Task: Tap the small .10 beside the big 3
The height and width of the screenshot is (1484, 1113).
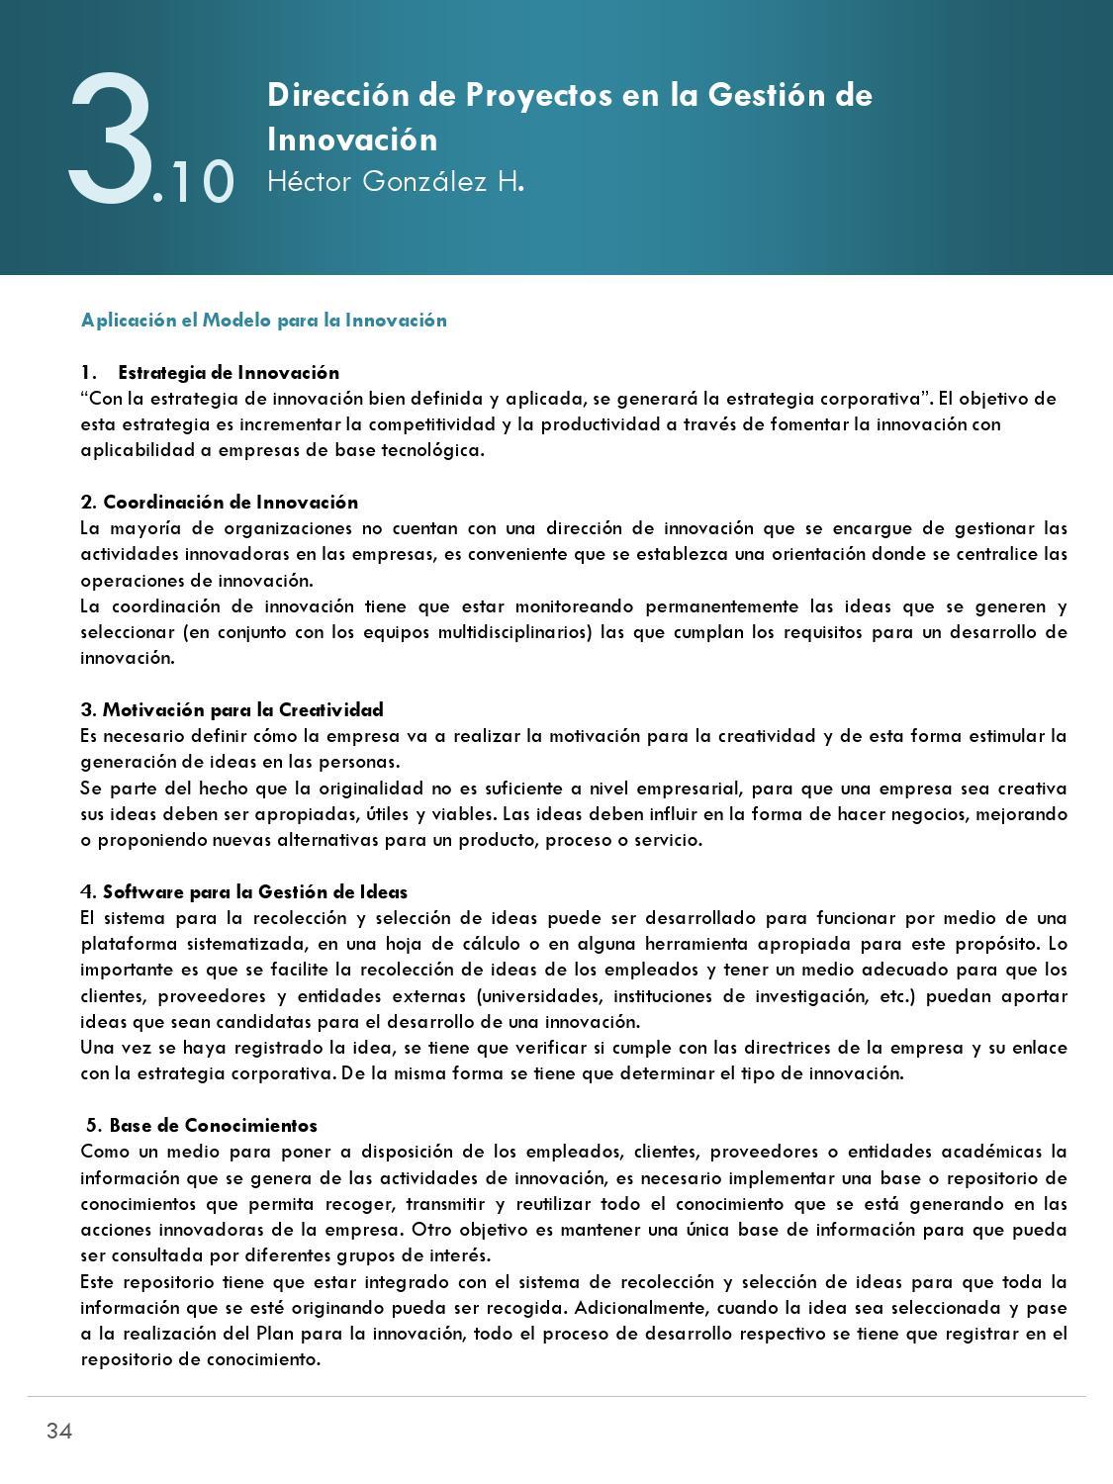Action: point(195,183)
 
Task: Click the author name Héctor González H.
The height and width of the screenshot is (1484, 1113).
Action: point(395,182)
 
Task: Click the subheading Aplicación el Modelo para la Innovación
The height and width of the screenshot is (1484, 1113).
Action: point(264,320)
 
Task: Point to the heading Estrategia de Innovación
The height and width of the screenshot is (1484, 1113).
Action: point(228,372)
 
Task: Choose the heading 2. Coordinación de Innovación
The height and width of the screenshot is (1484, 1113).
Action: point(220,502)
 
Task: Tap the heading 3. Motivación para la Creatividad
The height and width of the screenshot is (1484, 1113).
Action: point(232,709)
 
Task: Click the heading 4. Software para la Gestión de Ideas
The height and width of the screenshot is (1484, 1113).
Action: point(243,891)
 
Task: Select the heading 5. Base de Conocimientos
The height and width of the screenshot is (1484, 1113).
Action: point(202,1125)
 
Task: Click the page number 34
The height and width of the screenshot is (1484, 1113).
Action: point(58,1431)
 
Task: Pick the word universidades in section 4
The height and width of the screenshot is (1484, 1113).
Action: point(540,996)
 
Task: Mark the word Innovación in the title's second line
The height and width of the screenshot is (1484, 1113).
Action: point(352,139)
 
